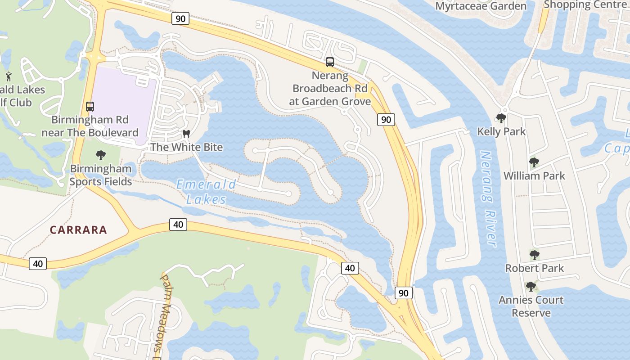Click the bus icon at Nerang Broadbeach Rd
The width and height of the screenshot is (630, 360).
pyautogui.click(x=330, y=62)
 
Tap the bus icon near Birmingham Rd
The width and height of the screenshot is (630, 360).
pyautogui.click(x=90, y=107)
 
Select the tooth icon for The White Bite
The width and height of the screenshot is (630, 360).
pyautogui.click(x=186, y=134)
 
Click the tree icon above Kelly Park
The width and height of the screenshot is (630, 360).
pyautogui.click(x=501, y=118)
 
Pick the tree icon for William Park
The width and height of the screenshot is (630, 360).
pyautogui.click(x=534, y=162)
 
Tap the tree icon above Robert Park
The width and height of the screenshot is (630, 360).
pyautogui.click(x=534, y=255)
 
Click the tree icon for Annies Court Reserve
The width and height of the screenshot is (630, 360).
pyautogui.click(x=531, y=287)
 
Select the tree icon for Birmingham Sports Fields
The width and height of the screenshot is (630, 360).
pyautogui.click(x=101, y=156)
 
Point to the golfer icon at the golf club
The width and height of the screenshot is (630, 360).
pyautogui.click(x=8, y=76)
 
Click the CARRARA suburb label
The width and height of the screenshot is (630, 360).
pyautogui.click(x=78, y=230)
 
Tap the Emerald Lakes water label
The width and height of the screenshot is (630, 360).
pyautogui.click(x=206, y=191)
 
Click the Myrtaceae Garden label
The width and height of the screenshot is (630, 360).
pyautogui.click(x=481, y=6)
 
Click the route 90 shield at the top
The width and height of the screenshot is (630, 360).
pyautogui.click(x=180, y=18)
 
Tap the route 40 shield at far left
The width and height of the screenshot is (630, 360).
pyautogui.click(x=38, y=264)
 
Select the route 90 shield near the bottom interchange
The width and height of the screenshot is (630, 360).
pyautogui.click(x=403, y=293)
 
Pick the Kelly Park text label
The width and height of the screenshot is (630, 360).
pyautogui.click(x=501, y=132)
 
